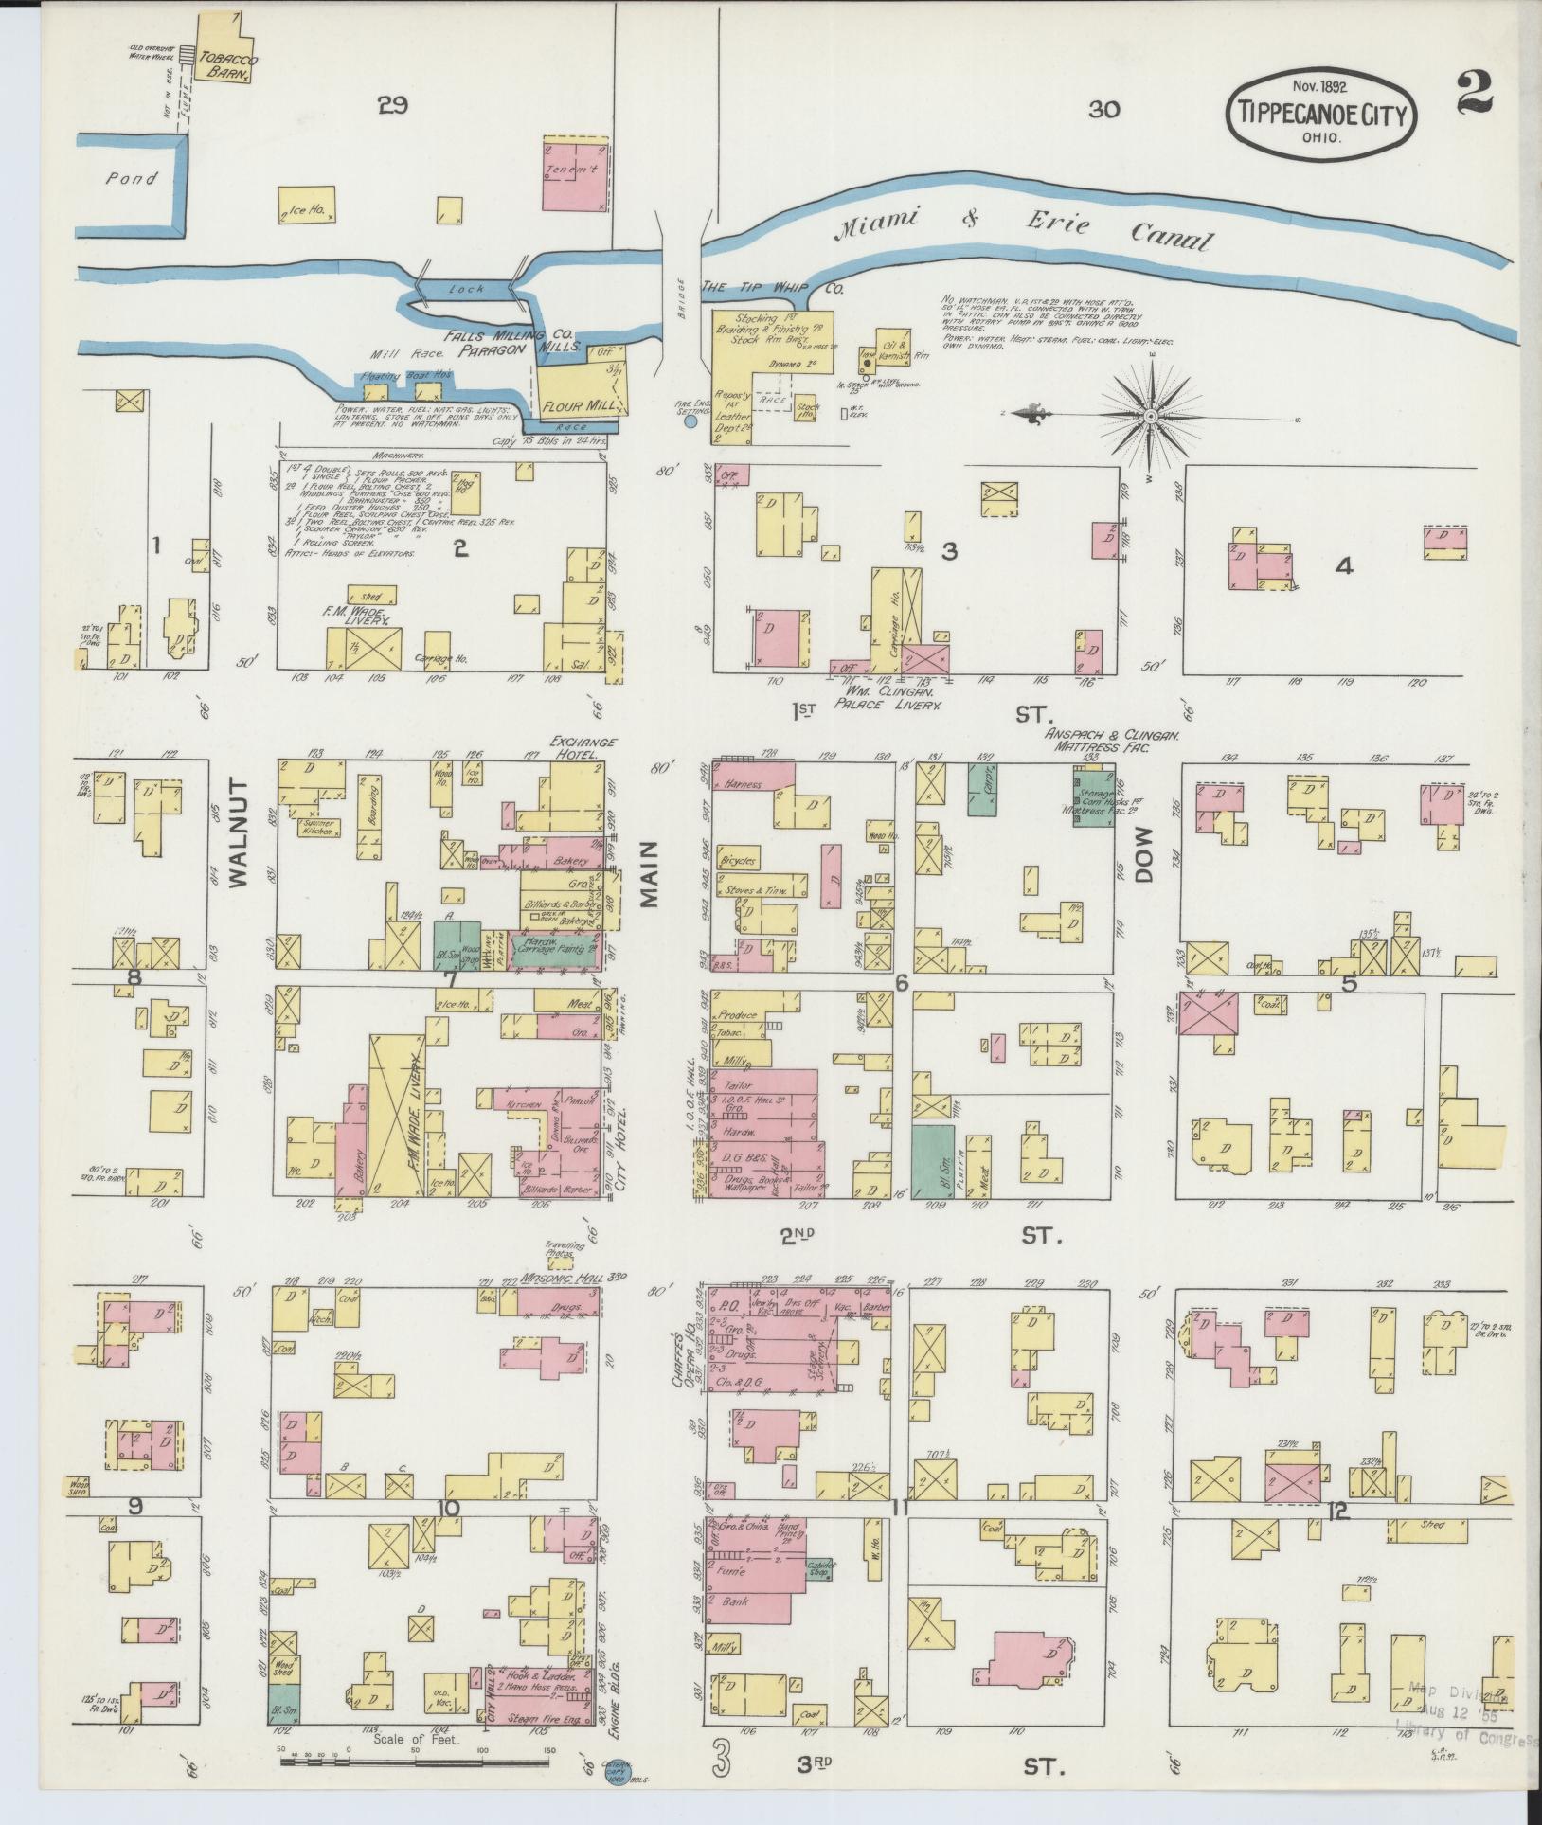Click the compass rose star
pyautogui.click(x=1150, y=415)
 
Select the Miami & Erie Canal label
pyautogui.click(x=1023, y=230)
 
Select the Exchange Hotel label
pyautogui.click(x=584, y=748)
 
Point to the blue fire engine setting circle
pyautogui.click(x=690, y=422)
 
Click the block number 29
pyautogui.click(x=392, y=106)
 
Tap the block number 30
pyautogui.click(x=1103, y=110)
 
